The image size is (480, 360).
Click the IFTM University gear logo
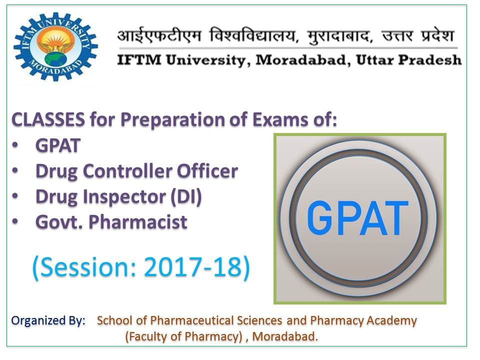pyautogui.click(x=55, y=46)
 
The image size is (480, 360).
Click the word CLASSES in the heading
pyautogui.click(x=48, y=119)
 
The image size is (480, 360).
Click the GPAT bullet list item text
pyautogui.click(x=58, y=145)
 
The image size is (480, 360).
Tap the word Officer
pyautogui.click(x=207, y=171)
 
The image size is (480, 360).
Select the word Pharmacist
pyautogui.click(x=138, y=222)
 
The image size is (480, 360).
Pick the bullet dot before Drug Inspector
pyautogui.click(x=15, y=196)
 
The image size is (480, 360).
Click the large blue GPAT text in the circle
pyautogui.click(x=357, y=218)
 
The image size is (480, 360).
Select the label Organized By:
pyautogui.click(x=48, y=321)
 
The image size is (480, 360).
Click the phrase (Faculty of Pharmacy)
pyautogui.click(x=183, y=336)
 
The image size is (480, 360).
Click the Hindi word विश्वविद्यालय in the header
pyautogui.click(x=253, y=35)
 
